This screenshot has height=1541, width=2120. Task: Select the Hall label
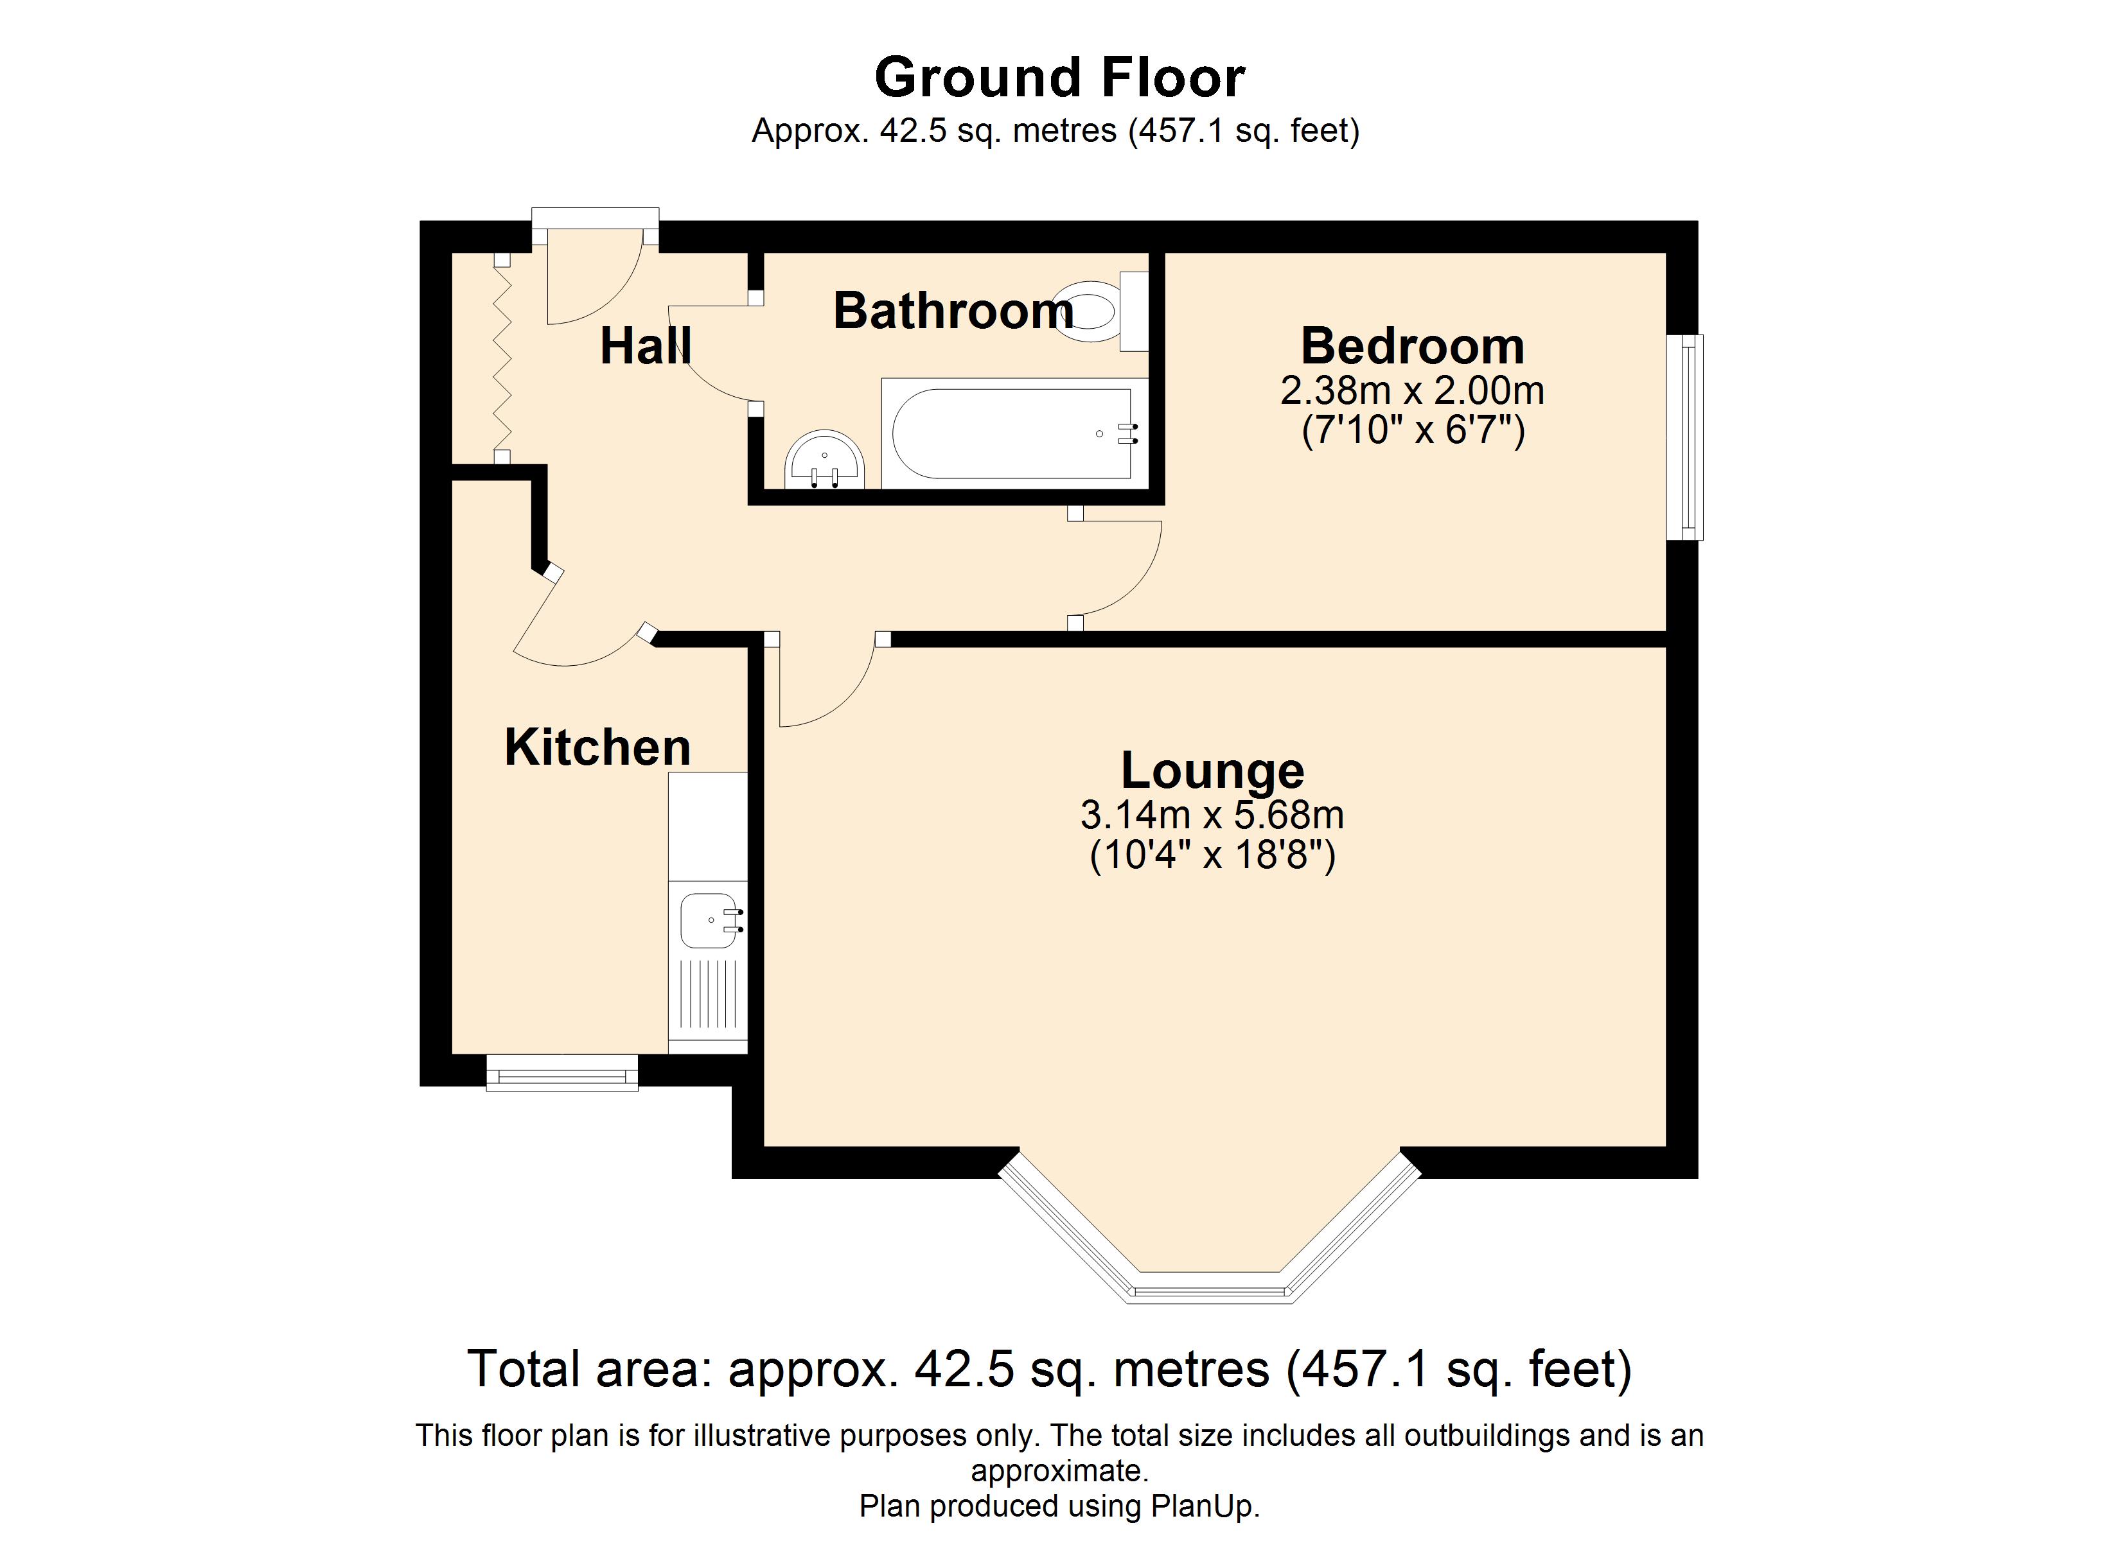coord(646,346)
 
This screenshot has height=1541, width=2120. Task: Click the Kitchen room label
coord(597,747)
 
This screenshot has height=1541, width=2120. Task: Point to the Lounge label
coord(1212,771)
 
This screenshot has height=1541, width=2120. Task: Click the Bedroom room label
coord(1413,346)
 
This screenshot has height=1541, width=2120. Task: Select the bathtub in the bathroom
coord(1014,433)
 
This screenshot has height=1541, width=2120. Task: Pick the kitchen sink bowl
coord(709,921)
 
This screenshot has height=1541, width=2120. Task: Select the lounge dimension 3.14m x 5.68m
coord(1212,815)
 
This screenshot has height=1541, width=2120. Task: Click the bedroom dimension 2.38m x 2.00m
coord(1413,390)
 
